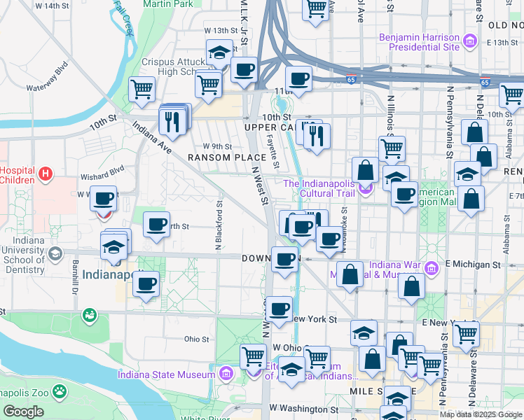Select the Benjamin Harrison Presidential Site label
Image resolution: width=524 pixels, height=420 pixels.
419,42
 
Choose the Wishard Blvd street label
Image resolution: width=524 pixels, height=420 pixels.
104,169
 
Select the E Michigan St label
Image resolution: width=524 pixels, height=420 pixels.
472,265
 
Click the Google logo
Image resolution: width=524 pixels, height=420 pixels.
22,412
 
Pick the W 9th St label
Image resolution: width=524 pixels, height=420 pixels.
217,146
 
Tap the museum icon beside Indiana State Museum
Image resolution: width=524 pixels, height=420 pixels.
226,374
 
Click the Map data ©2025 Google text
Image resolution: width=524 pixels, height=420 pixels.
481,414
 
